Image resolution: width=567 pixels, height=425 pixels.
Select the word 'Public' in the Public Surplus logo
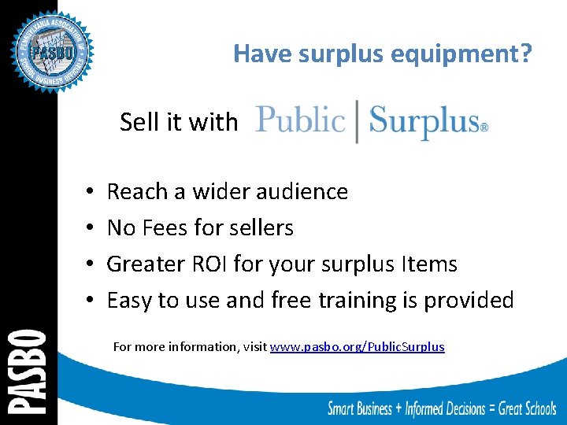coord(301,120)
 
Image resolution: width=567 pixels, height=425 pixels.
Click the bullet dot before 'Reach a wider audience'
coord(91,192)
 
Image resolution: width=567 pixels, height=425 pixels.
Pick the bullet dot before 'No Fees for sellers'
coord(91,228)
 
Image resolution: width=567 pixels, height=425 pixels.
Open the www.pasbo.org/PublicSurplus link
coord(358,346)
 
